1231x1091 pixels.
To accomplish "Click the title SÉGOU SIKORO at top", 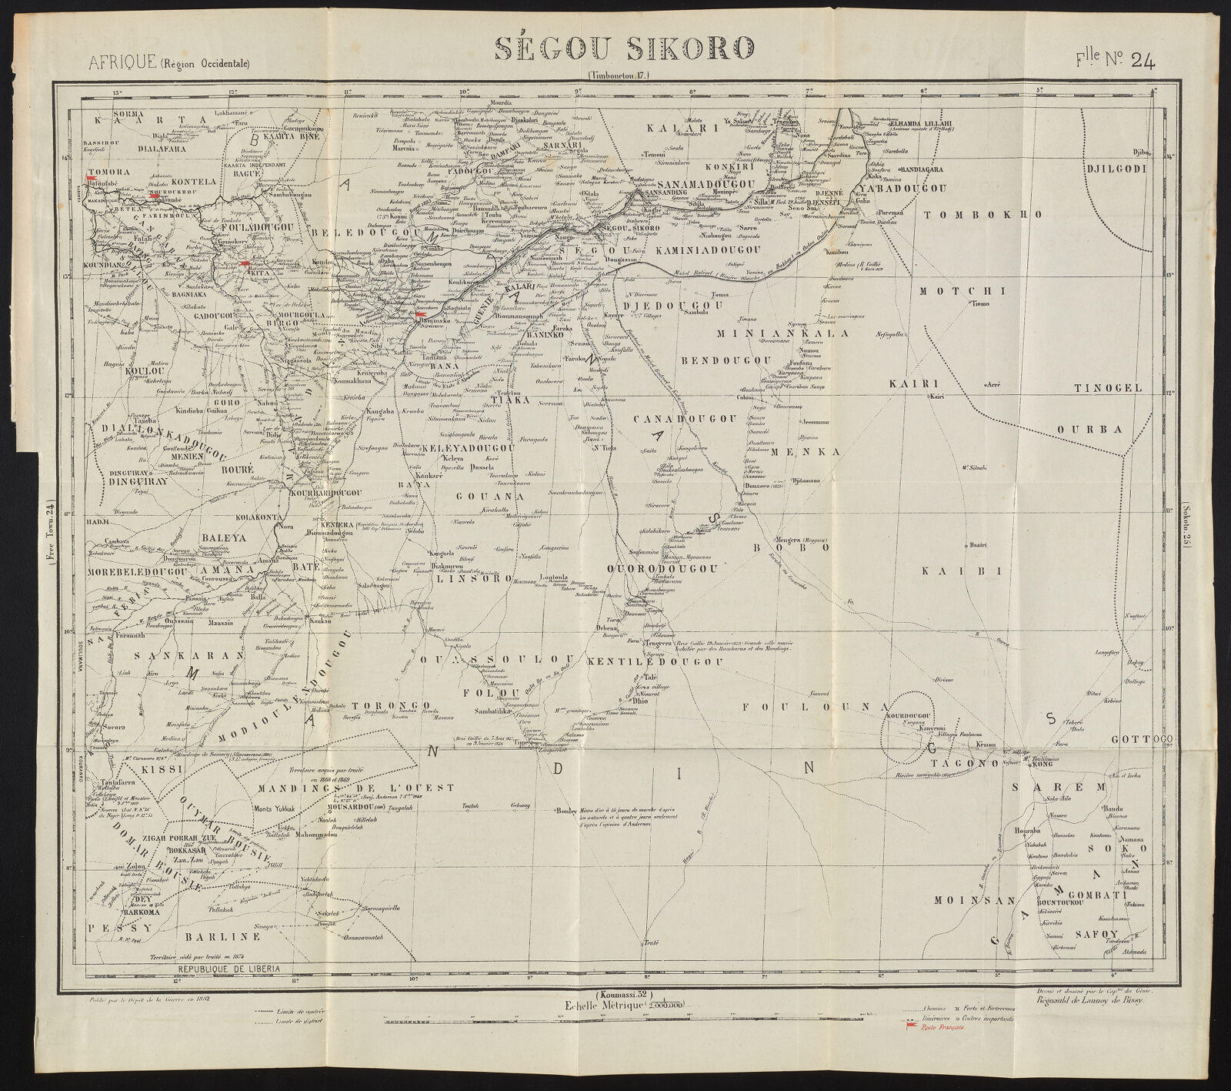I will pyautogui.click(x=623, y=49).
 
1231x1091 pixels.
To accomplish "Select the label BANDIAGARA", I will pyautogui.click(x=927, y=168).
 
